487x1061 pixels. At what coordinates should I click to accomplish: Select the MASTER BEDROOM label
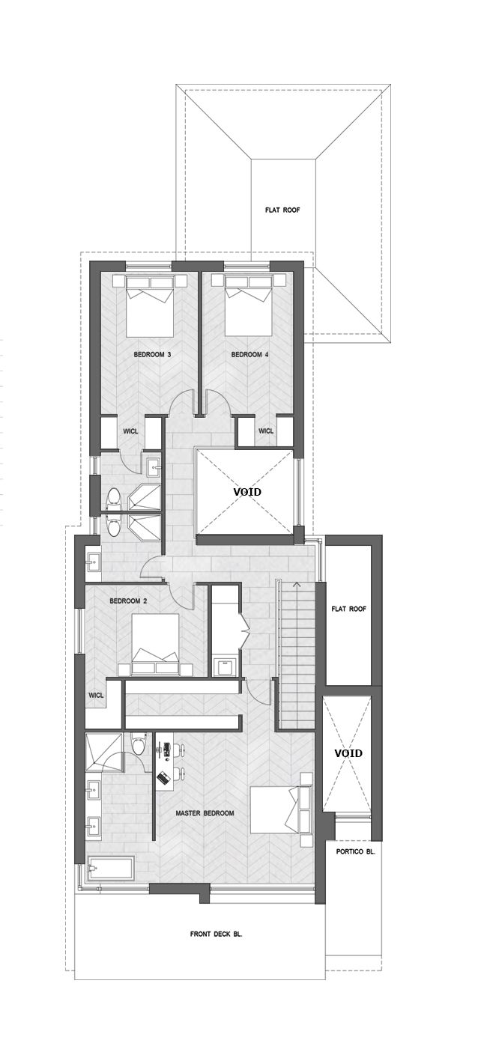point(205,813)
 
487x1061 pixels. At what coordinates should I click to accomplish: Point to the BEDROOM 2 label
point(128,601)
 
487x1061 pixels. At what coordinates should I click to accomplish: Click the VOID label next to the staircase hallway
point(246,492)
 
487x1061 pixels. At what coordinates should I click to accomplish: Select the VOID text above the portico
point(348,753)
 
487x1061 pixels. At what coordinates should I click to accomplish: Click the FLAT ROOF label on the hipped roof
point(282,210)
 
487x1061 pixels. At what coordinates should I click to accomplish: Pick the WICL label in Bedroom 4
point(266,431)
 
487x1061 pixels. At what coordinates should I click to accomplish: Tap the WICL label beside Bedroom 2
point(96,696)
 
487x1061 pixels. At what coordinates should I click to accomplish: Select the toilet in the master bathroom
point(139,744)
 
